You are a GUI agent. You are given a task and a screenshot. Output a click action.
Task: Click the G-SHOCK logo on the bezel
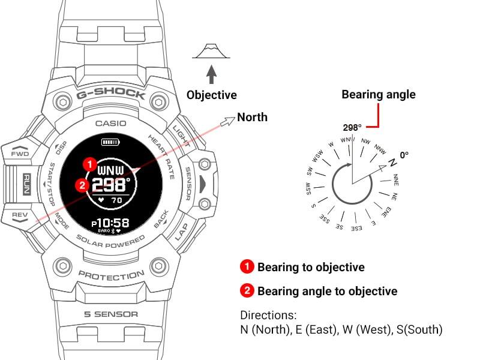click(110, 94)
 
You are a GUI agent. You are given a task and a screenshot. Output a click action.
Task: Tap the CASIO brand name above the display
click(111, 124)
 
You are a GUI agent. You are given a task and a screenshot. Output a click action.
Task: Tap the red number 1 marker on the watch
click(89, 163)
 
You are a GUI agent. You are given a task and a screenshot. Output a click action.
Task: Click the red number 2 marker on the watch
click(83, 185)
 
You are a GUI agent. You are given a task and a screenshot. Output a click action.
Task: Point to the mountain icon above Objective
click(211, 50)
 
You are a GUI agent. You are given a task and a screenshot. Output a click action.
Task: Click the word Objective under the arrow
click(211, 95)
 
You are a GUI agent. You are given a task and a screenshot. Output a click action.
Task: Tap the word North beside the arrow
click(252, 117)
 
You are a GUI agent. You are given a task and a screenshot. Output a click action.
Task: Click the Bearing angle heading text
click(378, 94)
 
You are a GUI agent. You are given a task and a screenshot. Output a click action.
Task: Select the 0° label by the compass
click(404, 155)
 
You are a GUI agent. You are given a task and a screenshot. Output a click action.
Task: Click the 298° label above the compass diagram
click(352, 127)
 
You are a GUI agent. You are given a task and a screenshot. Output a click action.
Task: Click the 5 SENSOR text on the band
click(110, 314)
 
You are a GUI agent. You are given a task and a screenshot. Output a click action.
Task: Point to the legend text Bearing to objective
click(311, 267)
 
